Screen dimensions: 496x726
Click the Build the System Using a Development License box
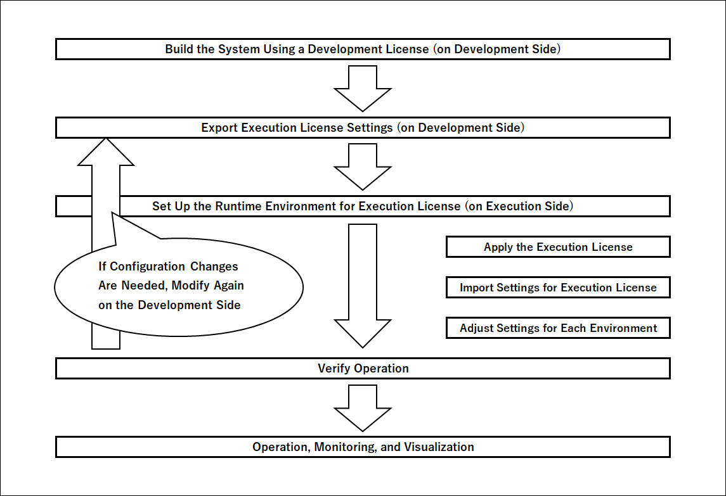click(363, 49)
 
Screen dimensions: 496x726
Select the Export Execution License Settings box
click(363, 128)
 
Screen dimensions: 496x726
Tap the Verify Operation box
click(363, 369)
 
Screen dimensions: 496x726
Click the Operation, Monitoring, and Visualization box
click(363, 447)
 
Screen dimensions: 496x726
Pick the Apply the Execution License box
click(558, 247)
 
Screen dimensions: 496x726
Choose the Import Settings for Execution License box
click(558, 288)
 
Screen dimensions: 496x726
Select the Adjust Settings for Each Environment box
click(558, 328)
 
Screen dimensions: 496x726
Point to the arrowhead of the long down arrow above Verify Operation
click(363, 333)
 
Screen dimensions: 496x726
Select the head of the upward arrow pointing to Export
click(106, 152)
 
